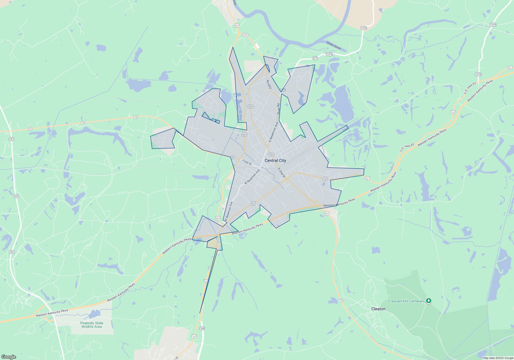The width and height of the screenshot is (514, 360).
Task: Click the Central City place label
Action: (x=275, y=160)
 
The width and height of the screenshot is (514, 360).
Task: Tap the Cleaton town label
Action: (x=378, y=309)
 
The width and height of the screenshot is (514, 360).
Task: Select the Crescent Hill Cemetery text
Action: (x=406, y=301)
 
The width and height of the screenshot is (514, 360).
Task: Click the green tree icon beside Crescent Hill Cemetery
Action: (x=428, y=301)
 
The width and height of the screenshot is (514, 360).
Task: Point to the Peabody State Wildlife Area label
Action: (x=91, y=325)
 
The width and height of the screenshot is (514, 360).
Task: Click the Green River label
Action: (x=334, y=46)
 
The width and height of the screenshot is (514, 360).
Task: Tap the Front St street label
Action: (x=247, y=162)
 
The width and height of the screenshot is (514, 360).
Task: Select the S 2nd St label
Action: (x=281, y=173)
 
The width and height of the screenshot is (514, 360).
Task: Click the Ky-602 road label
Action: (x=269, y=84)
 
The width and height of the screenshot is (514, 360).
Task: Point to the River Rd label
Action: (x=278, y=109)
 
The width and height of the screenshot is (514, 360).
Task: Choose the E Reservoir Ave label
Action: (x=273, y=132)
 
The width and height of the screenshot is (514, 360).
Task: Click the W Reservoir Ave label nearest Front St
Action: (x=252, y=177)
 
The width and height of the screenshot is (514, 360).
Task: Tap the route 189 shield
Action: (x=202, y=328)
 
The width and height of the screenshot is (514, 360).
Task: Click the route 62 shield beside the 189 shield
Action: (x=194, y=336)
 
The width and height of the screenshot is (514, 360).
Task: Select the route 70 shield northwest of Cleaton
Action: (x=341, y=301)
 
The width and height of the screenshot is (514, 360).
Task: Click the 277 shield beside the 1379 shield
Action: (x=315, y=58)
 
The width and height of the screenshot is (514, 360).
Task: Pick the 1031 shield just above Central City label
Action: (x=271, y=155)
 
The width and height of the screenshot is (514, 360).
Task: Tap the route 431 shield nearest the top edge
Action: (x=237, y=25)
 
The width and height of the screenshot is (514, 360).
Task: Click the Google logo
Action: (x=9, y=357)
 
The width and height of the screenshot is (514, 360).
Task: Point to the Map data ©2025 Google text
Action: (x=498, y=358)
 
